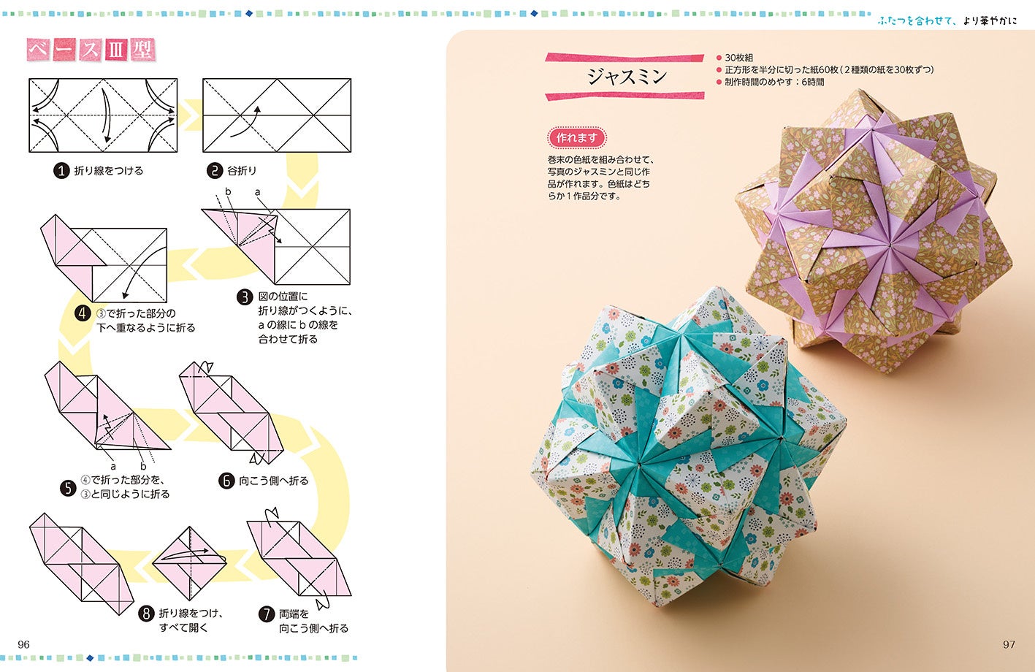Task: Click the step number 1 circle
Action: (x=61, y=171)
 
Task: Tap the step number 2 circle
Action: (x=215, y=171)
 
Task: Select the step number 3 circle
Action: (x=245, y=297)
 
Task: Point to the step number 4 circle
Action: (x=83, y=314)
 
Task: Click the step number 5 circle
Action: (x=68, y=488)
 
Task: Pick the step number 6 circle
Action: (x=226, y=481)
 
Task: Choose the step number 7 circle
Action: (x=267, y=614)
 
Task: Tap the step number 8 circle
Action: (x=146, y=614)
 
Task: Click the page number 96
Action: (x=23, y=645)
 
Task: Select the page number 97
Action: (x=1009, y=645)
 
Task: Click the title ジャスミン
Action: (x=627, y=77)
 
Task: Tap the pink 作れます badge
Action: (x=576, y=138)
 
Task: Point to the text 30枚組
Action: (x=739, y=58)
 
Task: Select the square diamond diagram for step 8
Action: (x=189, y=563)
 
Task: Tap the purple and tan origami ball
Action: (x=874, y=231)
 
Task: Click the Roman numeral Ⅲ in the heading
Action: (x=116, y=50)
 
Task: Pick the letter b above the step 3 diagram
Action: (x=228, y=192)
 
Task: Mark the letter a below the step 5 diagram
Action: (x=113, y=467)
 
